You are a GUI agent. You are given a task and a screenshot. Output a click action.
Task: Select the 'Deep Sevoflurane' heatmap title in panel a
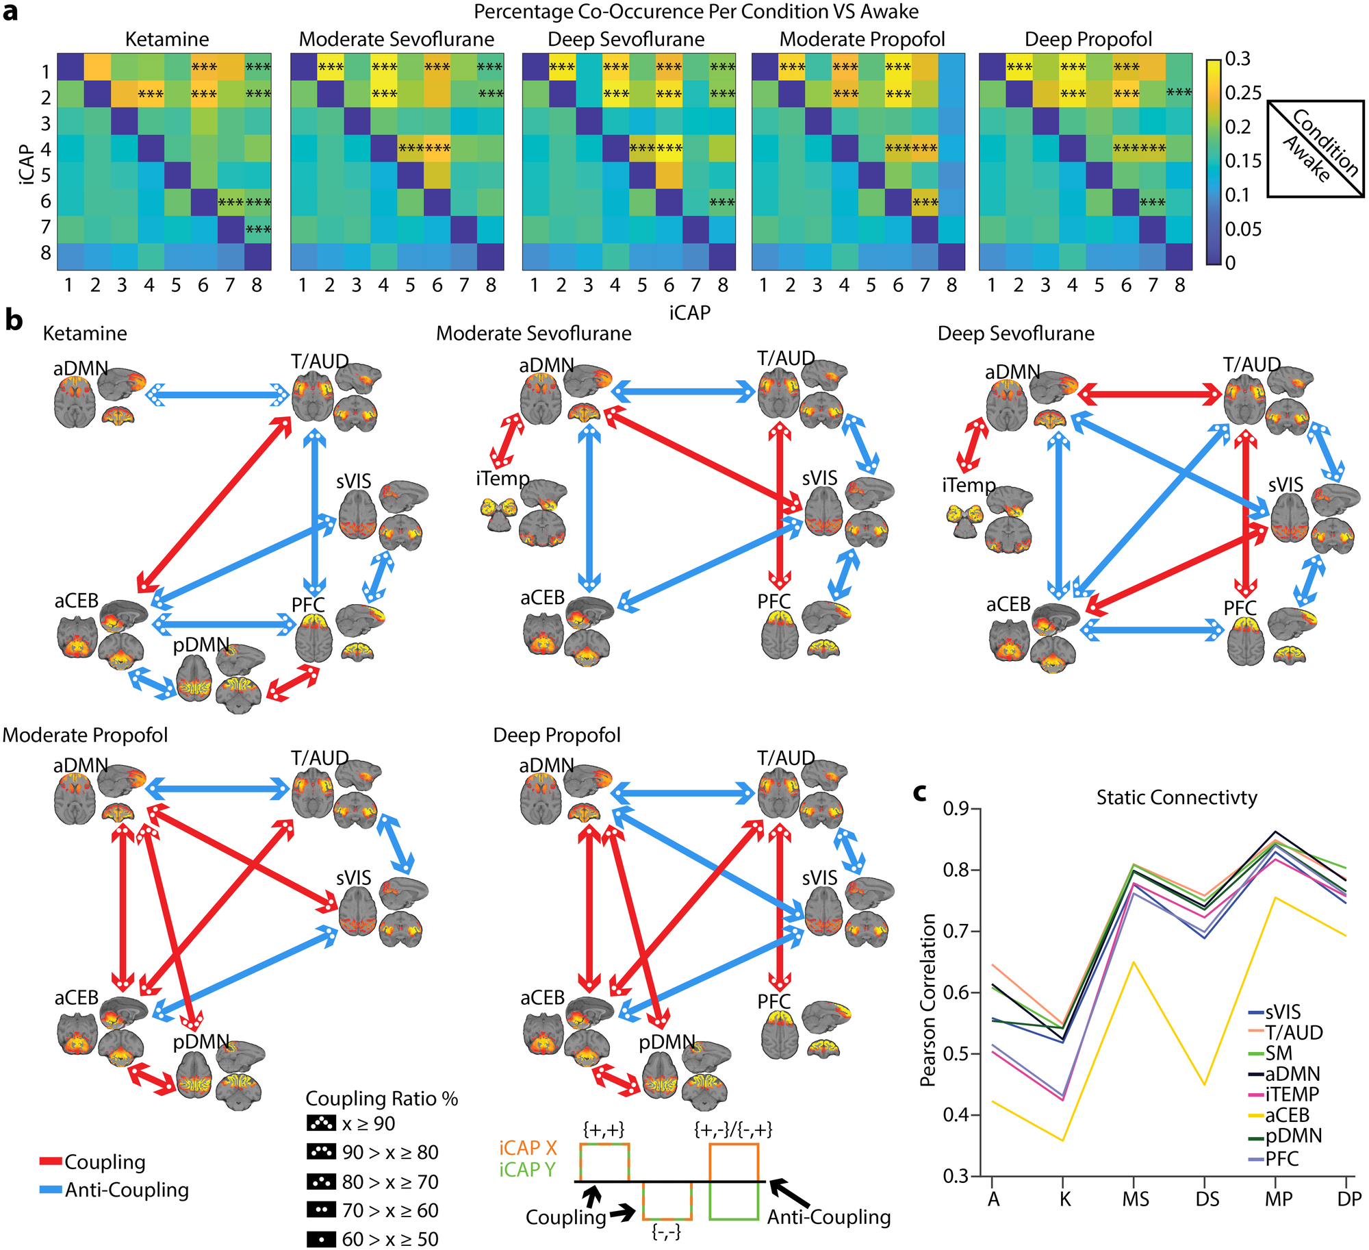(626, 40)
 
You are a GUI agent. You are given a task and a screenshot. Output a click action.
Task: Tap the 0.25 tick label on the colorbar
(1243, 92)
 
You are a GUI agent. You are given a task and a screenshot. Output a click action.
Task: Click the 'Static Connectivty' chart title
(1177, 798)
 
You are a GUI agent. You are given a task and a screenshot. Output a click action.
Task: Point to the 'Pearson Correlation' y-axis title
(928, 1001)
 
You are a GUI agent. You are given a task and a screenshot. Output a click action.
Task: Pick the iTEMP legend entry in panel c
(1292, 1095)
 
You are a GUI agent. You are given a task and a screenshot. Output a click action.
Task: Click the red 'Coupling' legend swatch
(51, 1162)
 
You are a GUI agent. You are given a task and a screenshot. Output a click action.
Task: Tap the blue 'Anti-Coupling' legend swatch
(51, 1190)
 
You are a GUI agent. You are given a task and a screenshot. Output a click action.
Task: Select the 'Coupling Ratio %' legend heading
(381, 1099)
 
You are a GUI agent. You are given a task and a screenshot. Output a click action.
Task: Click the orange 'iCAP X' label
(528, 1148)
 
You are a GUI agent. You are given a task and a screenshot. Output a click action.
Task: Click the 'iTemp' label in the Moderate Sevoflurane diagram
(502, 478)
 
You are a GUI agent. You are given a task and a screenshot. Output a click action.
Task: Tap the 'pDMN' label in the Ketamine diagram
(201, 645)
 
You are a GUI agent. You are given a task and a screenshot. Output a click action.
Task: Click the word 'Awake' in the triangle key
(1306, 159)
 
